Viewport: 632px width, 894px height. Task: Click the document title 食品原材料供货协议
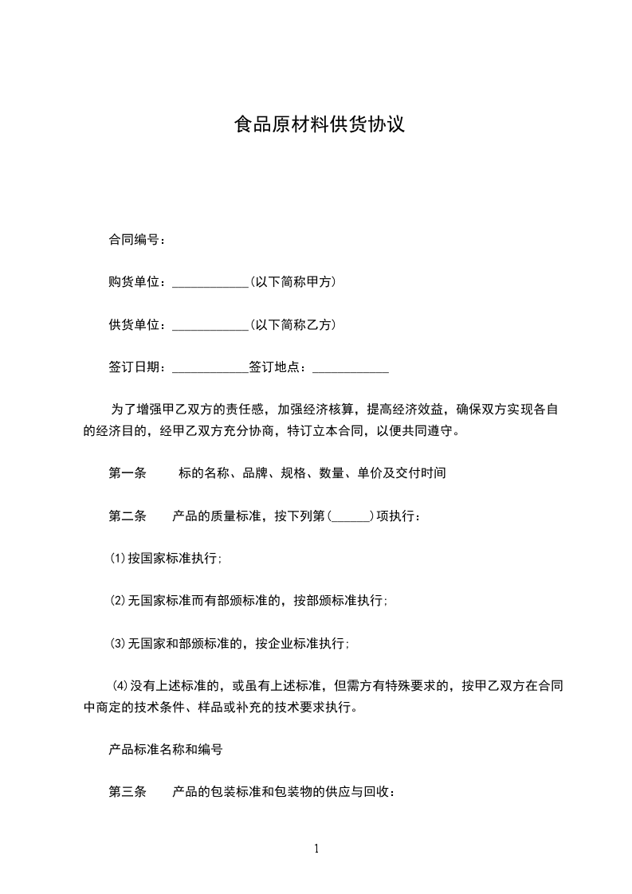click(319, 125)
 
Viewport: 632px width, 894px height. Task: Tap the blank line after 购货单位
click(210, 283)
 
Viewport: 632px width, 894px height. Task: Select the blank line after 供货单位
click(210, 326)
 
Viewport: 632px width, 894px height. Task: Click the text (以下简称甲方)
click(292, 282)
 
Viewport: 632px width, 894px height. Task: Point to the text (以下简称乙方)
click(292, 325)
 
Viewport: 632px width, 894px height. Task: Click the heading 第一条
click(128, 472)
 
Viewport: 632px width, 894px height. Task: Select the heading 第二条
click(128, 516)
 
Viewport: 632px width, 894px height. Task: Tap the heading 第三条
click(128, 793)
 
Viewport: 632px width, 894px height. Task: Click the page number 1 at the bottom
click(316, 849)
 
